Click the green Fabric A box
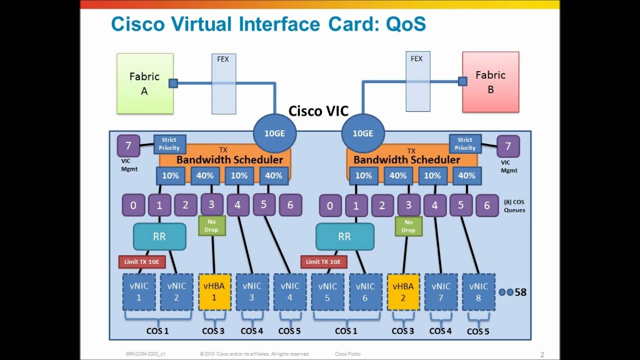(x=145, y=83)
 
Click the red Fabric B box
(x=490, y=82)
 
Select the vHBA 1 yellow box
(x=214, y=291)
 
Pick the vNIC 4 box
(x=290, y=291)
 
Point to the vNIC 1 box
(x=139, y=291)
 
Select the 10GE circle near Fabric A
(x=274, y=133)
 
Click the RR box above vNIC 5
(x=344, y=236)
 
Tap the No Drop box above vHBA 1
(x=212, y=225)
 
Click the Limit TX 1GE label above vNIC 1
(x=141, y=261)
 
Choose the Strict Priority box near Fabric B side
(x=465, y=144)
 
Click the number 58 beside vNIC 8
(x=520, y=292)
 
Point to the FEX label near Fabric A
(x=223, y=59)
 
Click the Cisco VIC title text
(x=318, y=110)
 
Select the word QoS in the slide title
(x=406, y=23)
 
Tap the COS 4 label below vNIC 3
(x=251, y=331)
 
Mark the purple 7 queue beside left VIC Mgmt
(x=128, y=146)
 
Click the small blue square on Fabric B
(x=462, y=81)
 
